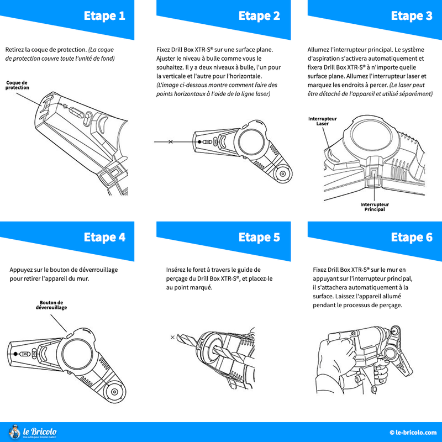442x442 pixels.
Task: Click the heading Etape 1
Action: (104, 16)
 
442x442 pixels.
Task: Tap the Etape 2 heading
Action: (259, 16)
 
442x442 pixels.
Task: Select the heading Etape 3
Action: (411, 16)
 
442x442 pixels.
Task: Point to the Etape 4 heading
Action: (104, 238)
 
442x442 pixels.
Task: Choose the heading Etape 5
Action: (259, 238)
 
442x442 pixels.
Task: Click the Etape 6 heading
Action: (411, 238)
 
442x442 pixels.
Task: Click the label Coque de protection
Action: (17, 85)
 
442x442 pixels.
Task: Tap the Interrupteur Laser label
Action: (322, 121)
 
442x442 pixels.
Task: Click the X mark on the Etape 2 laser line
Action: (170, 142)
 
